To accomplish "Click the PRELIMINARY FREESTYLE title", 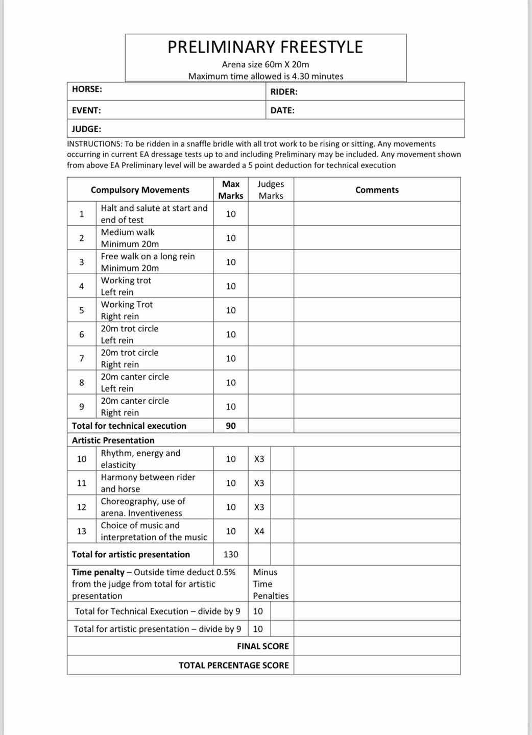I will [265, 47].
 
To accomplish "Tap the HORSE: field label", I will [87, 89].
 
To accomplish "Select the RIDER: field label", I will [284, 92].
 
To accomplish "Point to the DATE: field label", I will [282, 110].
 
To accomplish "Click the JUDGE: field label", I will [86, 129].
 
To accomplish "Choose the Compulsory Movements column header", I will [140, 190].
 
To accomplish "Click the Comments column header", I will [377, 190].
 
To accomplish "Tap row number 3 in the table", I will [82, 262].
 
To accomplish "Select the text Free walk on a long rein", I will [148, 256].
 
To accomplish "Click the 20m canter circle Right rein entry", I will [135, 406].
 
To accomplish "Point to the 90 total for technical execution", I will [231, 426].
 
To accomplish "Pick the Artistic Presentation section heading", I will [113, 440].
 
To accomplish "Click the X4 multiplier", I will [259, 531].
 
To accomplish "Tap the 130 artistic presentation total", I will [231, 554].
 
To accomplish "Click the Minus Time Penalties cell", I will [271, 584].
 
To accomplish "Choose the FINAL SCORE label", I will [262, 646].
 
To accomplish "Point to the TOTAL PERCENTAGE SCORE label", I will [233, 665].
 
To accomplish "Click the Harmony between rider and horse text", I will [148, 483].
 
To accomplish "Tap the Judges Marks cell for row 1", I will [271, 214].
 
